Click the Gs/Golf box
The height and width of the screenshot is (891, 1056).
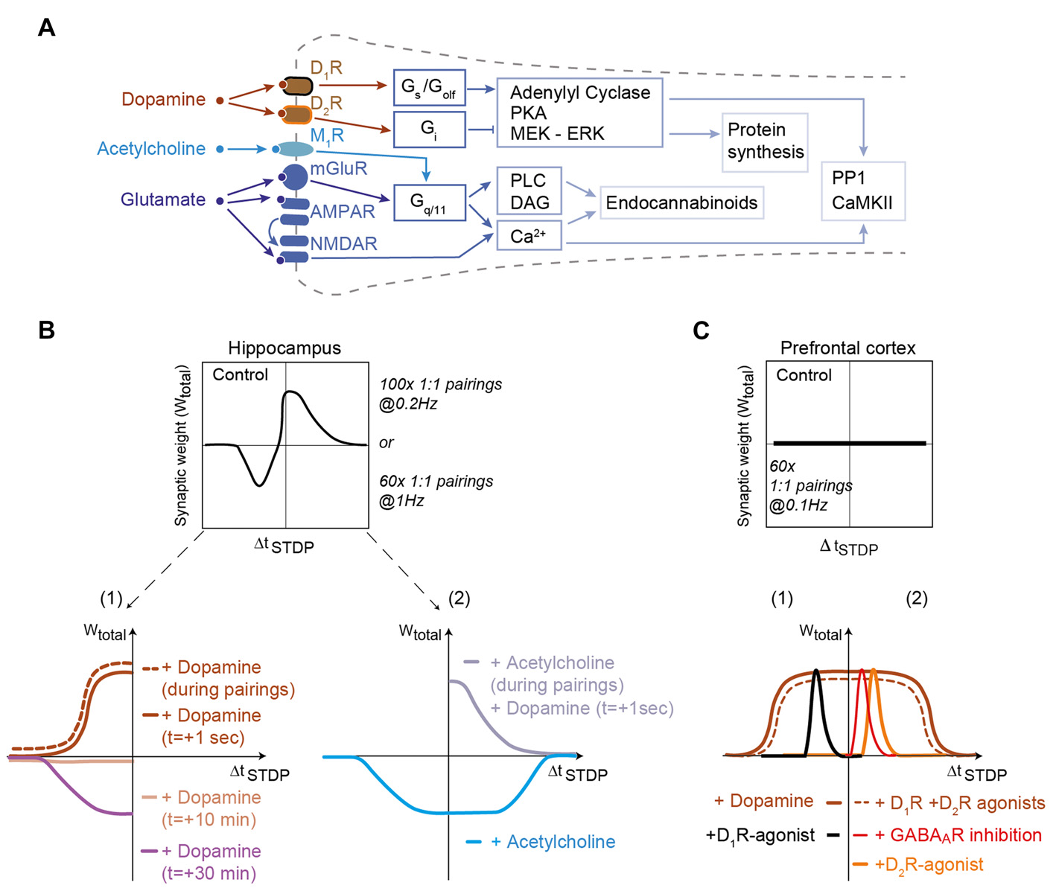[428, 89]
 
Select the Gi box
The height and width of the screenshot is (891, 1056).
[428, 130]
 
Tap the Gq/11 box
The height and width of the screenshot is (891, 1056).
[428, 202]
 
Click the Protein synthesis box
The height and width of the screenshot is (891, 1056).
[765, 141]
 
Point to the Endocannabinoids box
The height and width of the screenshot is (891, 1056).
[681, 202]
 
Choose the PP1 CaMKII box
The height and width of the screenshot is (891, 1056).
[862, 191]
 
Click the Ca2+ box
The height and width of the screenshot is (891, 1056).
[529, 236]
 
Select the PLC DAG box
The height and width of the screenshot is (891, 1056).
[529, 191]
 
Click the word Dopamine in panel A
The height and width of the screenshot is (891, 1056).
[163, 100]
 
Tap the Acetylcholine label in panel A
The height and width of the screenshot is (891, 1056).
[151, 149]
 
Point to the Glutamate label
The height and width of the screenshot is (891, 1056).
[163, 199]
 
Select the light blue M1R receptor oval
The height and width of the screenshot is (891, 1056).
[295, 150]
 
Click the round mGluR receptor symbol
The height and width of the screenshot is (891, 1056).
[295, 177]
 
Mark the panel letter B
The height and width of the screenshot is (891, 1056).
[46, 330]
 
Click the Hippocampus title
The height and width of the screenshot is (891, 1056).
[284, 348]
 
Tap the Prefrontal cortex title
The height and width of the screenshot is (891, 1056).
[847, 348]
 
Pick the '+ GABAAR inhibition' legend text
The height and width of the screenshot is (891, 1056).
[958, 835]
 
